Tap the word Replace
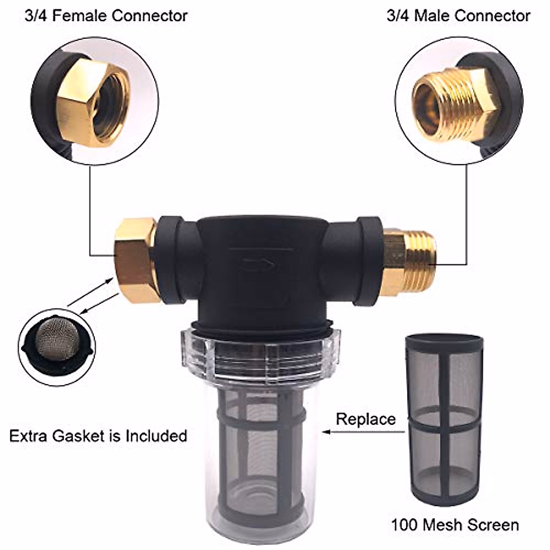point(365,419)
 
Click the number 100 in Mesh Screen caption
point(405,525)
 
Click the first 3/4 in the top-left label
point(34,16)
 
